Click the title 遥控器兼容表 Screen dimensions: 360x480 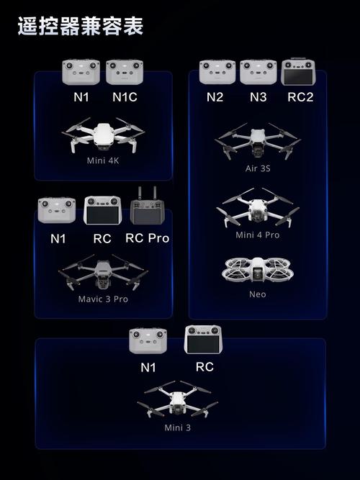81,27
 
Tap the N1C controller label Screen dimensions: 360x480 125,97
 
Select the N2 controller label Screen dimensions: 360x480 215,97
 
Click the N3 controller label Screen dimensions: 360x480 258,97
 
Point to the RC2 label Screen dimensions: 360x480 300,97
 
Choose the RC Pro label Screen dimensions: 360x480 148,238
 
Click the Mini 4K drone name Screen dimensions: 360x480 103,160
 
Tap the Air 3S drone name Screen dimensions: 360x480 258,168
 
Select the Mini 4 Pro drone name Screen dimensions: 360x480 258,235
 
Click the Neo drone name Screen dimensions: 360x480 257,294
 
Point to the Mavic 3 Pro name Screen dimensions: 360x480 103,299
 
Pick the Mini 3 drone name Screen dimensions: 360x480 178,427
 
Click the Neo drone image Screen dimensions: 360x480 257,270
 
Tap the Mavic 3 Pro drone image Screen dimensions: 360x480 103,272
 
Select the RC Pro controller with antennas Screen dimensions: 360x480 148,206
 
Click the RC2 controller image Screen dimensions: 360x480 298,72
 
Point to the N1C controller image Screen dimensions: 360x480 125,72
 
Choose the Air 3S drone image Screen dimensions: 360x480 258,141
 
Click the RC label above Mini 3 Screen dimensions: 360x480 204,367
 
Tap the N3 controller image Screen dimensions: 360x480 258,72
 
